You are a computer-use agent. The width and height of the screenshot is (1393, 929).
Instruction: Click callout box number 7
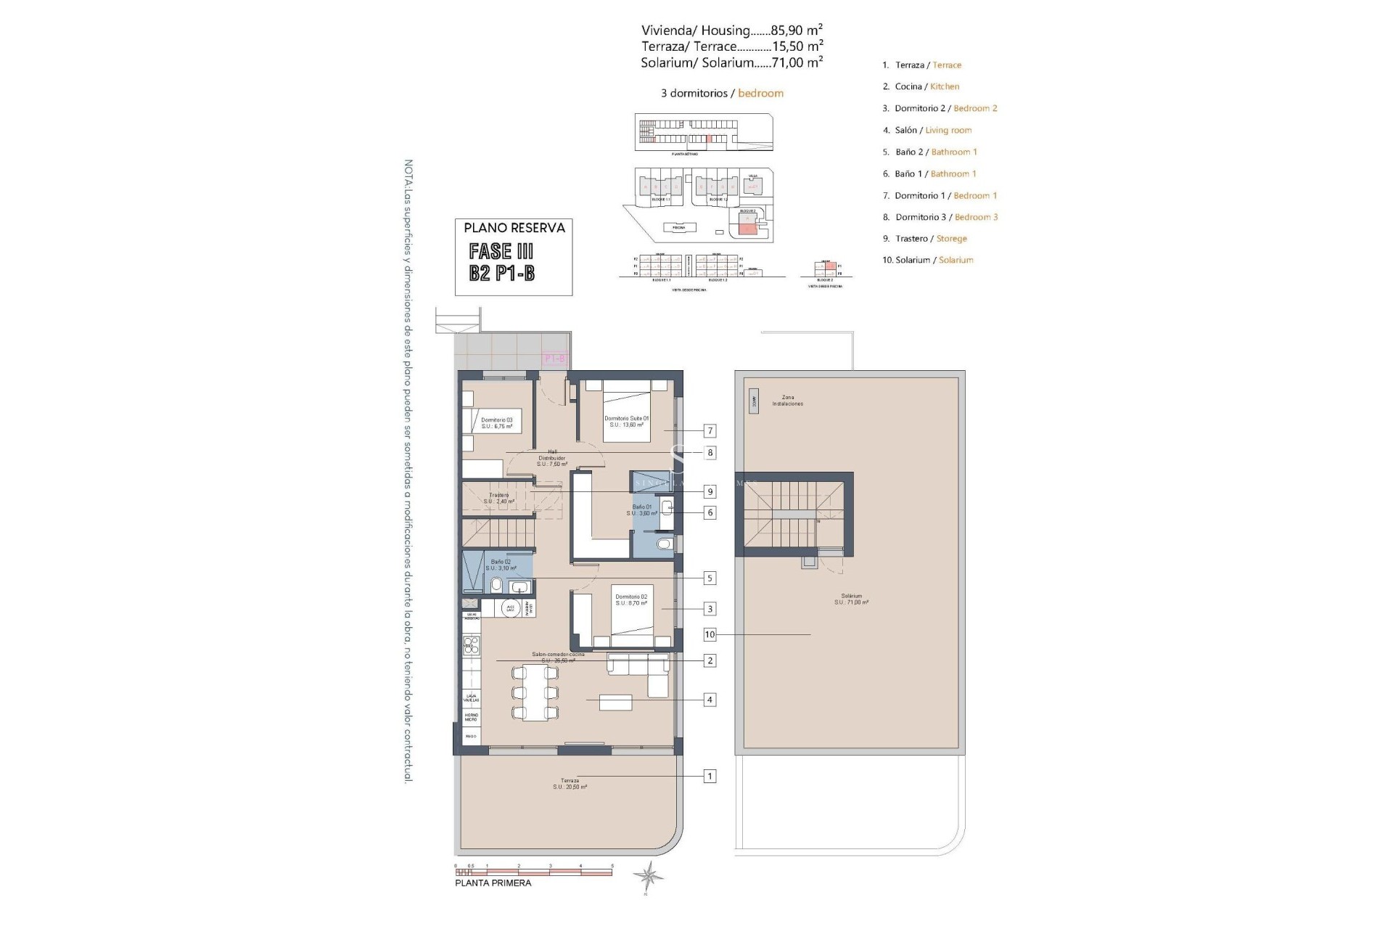(710, 431)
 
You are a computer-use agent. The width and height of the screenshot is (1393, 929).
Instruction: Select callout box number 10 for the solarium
(710, 634)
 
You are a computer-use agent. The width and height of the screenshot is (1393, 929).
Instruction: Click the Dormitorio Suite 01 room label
(627, 421)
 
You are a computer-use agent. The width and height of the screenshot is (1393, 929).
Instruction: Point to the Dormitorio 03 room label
(496, 423)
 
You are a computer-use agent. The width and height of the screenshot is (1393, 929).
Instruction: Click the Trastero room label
(498, 498)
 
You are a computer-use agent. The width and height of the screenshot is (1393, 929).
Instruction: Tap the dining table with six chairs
(535, 693)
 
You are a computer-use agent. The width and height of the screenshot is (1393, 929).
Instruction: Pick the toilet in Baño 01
(663, 544)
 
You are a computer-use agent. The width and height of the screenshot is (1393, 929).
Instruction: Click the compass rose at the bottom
(647, 875)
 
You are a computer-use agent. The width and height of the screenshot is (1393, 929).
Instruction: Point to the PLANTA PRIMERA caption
(493, 883)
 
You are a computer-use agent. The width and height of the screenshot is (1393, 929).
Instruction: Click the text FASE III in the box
(501, 252)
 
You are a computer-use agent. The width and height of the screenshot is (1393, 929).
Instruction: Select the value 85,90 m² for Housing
(797, 30)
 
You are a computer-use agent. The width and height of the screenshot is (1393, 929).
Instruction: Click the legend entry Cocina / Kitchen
(921, 86)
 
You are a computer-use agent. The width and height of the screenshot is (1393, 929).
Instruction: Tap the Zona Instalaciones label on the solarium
(787, 401)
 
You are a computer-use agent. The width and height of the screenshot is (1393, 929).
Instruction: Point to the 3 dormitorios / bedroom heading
(722, 93)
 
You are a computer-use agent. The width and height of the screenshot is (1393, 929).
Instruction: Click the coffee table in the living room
(615, 702)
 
